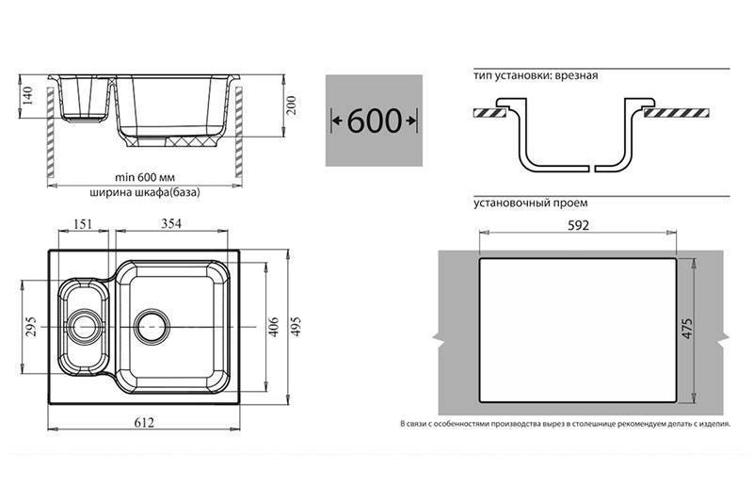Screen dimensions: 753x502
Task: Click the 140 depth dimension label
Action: tap(27, 95)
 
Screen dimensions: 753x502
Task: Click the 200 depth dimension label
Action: tap(291, 105)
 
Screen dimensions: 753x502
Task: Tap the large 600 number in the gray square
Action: tap(374, 121)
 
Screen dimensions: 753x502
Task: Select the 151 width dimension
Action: tap(83, 224)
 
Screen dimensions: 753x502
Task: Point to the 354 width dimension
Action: tap(171, 224)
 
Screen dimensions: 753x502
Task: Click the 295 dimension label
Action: tap(31, 326)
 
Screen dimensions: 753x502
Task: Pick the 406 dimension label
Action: tap(273, 326)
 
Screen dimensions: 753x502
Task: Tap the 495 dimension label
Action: tap(295, 326)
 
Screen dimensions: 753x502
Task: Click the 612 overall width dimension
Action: tap(144, 422)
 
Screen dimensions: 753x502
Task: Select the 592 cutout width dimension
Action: tap(578, 225)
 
